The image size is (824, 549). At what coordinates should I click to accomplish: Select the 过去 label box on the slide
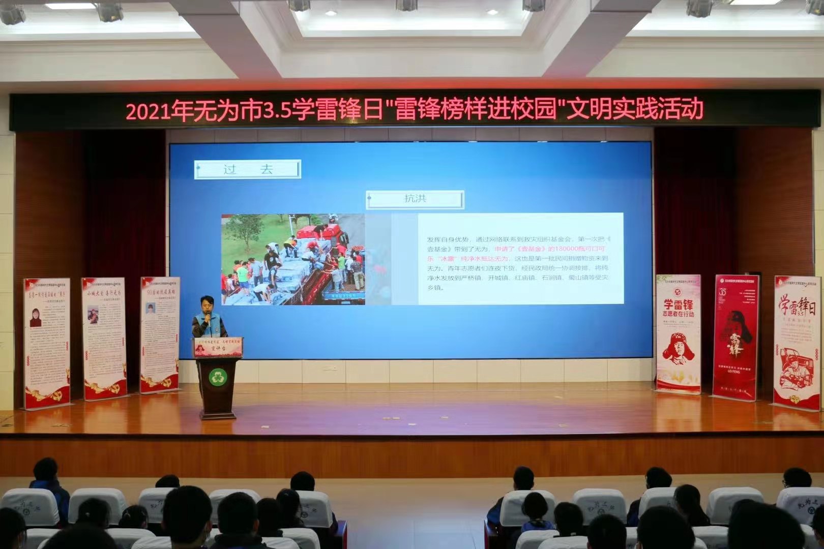[x=248, y=169]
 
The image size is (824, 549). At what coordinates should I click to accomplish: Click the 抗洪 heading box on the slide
[x=415, y=199]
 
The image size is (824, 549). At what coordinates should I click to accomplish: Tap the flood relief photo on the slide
[x=293, y=259]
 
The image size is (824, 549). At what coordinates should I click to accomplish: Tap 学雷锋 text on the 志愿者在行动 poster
[x=678, y=305]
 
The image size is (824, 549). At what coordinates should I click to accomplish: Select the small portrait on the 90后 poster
[x=151, y=309]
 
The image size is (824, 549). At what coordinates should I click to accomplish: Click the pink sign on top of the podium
[x=218, y=347]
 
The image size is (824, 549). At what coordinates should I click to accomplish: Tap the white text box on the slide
[x=520, y=259]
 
